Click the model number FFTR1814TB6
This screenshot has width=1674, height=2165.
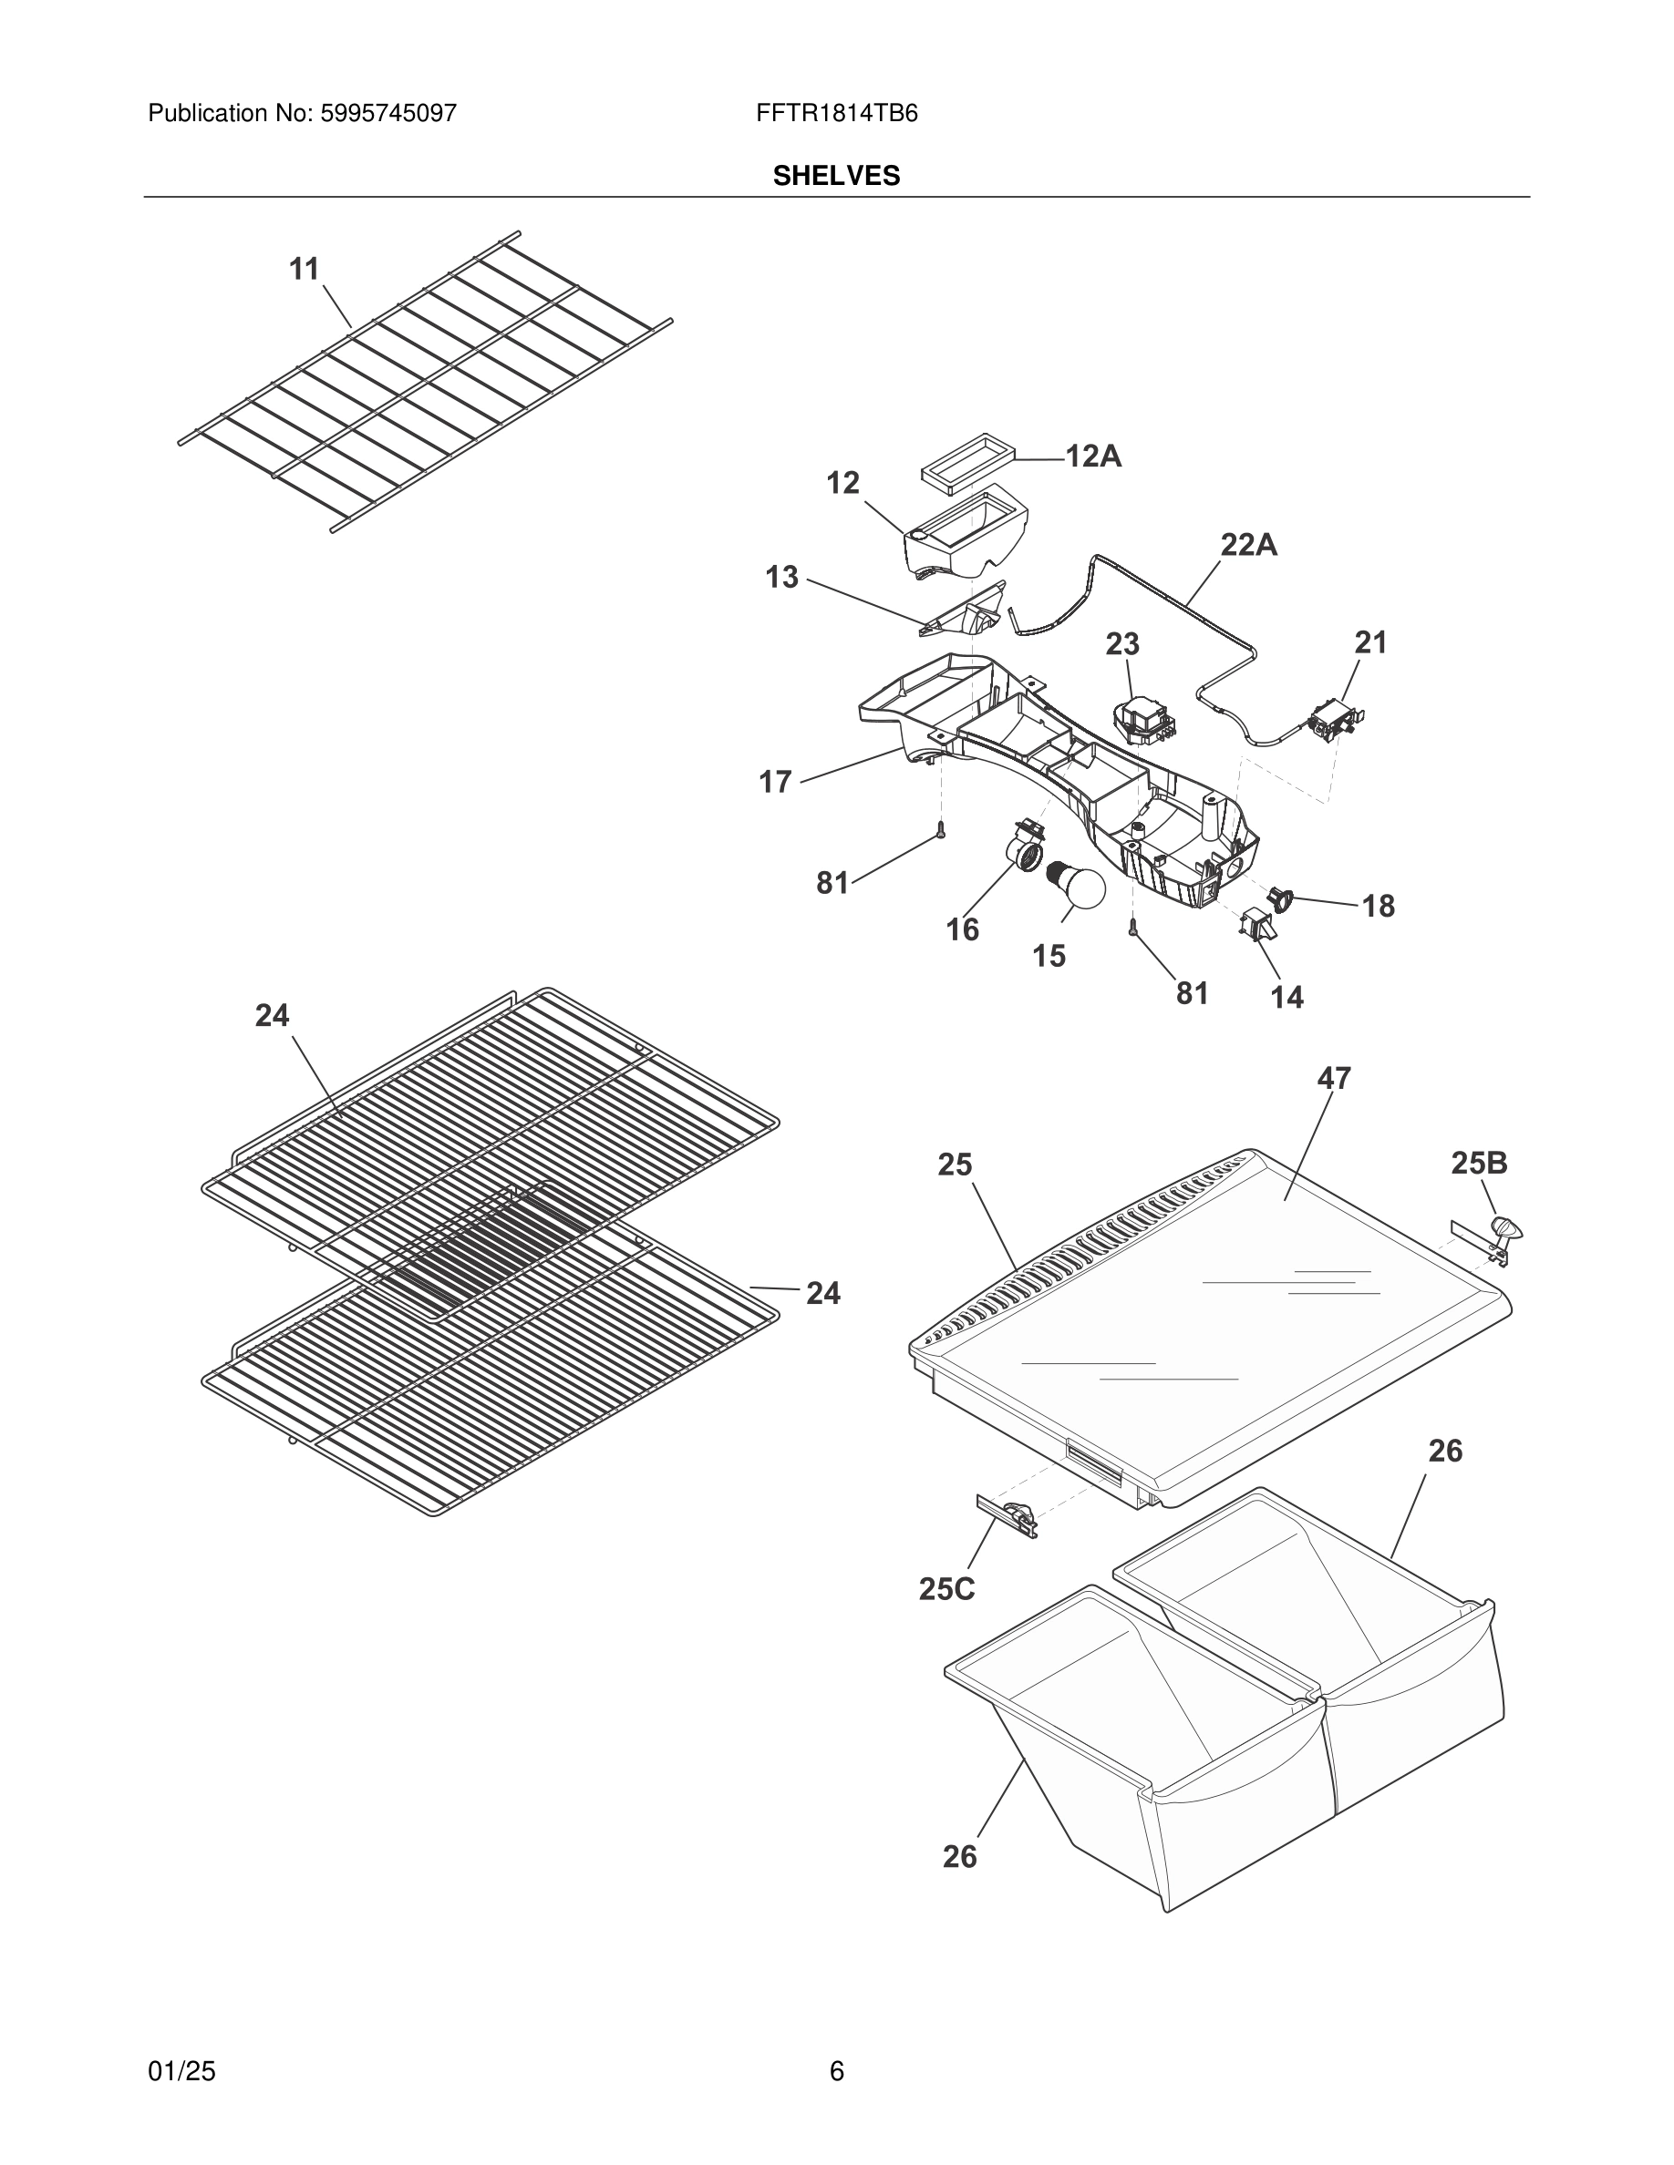(x=836, y=114)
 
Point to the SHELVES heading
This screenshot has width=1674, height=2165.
(x=836, y=177)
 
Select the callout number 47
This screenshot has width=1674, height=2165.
(x=1334, y=1079)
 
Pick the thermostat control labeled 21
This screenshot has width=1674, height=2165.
(x=1334, y=720)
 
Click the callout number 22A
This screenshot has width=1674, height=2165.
(x=1247, y=544)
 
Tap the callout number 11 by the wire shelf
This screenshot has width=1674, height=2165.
(x=305, y=269)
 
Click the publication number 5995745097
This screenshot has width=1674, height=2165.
(x=387, y=114)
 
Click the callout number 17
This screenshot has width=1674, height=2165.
(x=776, y=782)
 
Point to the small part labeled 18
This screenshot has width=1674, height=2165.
(x=1281, y=899)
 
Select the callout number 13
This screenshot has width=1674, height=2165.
(x=781, y=577)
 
